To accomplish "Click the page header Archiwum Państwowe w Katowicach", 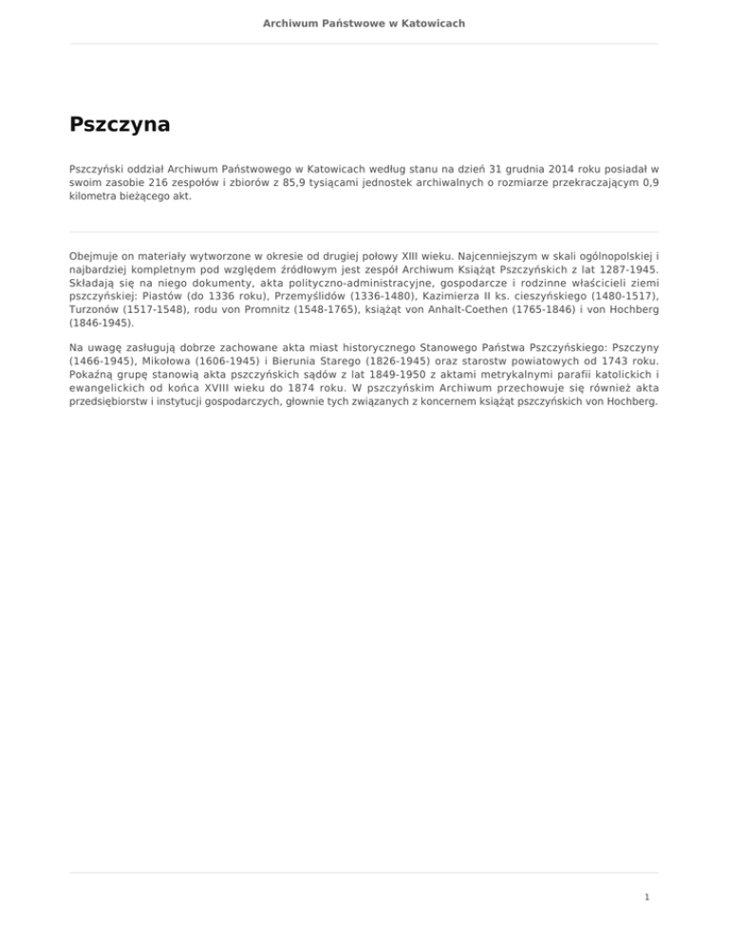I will (364, 23).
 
